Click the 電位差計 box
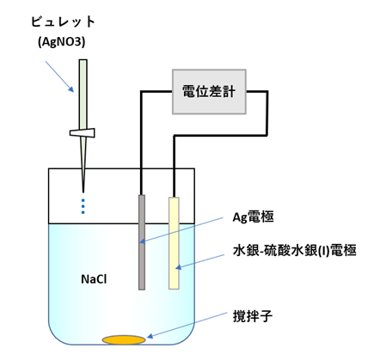(209, 92)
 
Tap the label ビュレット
(63, 22)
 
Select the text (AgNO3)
(62, 42)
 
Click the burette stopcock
(83, 133)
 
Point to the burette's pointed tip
(83, 192)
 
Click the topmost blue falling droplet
(83, 200)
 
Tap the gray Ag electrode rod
(142, 242)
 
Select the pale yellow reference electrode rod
(174, 243)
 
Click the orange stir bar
(124, 340)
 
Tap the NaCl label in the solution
(94, 279)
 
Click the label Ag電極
(253, 217)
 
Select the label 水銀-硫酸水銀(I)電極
(295, 250)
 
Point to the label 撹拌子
(253, 316)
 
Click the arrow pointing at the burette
(59, 76)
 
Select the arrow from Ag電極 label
(181, 230)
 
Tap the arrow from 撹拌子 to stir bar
(187, 326)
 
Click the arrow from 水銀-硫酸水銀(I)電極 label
(199, 261)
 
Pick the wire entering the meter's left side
(141, 137)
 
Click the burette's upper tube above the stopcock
(83, 94)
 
